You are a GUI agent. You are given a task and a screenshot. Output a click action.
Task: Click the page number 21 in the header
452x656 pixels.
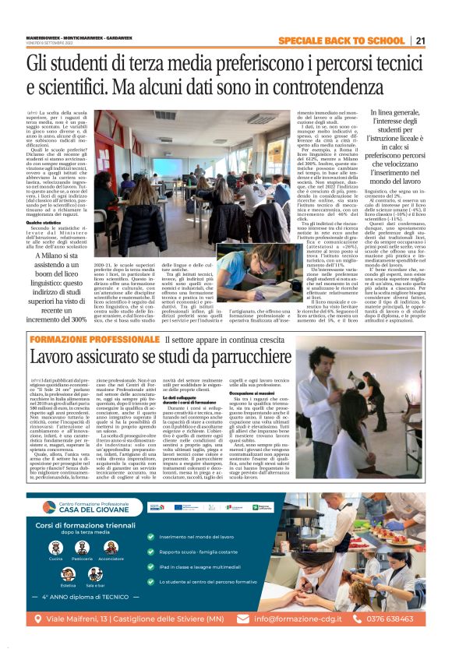click(420, 41)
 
